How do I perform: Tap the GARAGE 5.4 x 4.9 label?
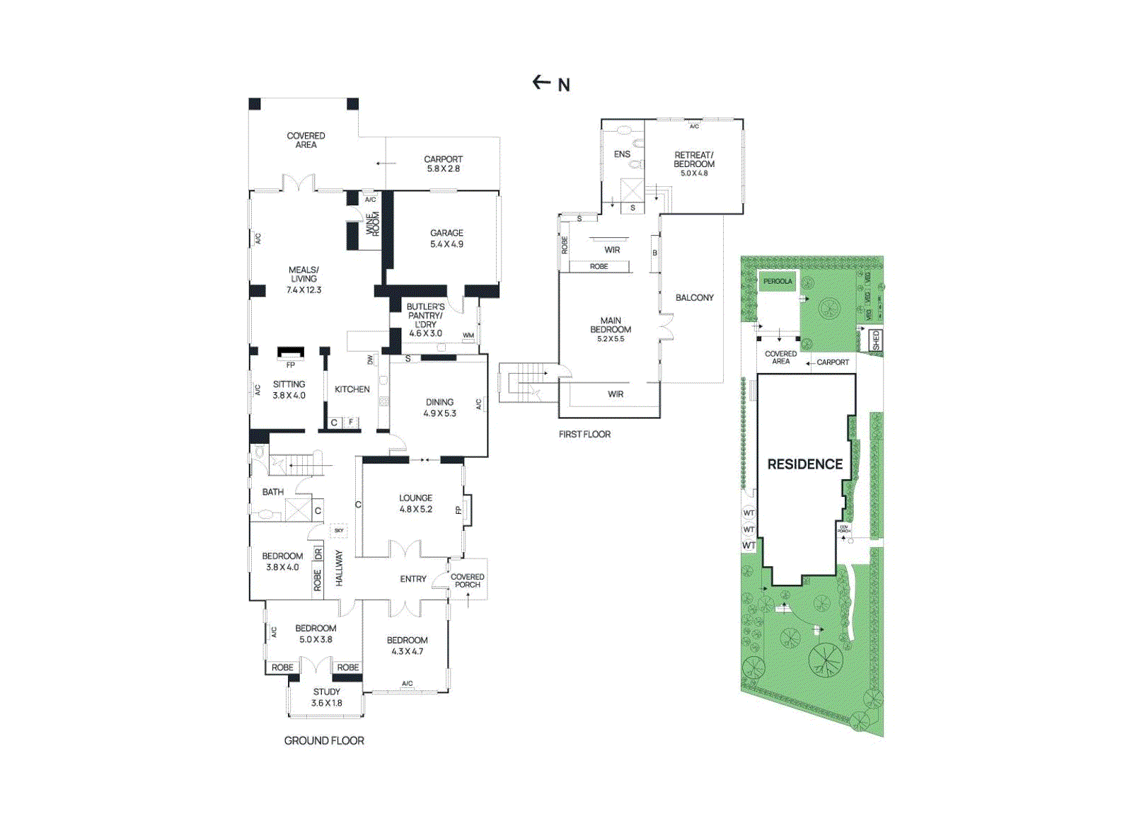click(x=446, y=239)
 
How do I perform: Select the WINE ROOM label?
click(x=372, y=224)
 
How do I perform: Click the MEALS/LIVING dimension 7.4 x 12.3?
click(x=304, y=290)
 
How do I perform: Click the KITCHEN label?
click(x=352, y=389)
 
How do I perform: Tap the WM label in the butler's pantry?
click(x=468, y=336)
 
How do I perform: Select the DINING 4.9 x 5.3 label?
click(x=439, y=407)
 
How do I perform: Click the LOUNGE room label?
click(x=415, y=498)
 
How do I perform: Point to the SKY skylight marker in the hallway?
click(x=339, y=530)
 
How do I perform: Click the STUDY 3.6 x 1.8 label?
click(x=326, y=697)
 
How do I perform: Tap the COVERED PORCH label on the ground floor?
click(x=467, y=580)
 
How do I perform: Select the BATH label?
click(x=272, y=492)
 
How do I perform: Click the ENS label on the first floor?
click(x=622, y=154)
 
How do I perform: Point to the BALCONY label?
click(x=694, y=298)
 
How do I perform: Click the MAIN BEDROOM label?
click(x=611, y=325)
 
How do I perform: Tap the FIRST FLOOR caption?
click(x=584, y=435)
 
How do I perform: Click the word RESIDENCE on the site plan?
click(x=804, y=464)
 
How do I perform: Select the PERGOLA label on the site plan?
click(x=778, y=282)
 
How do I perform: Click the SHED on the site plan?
click(x=876, y=340)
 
